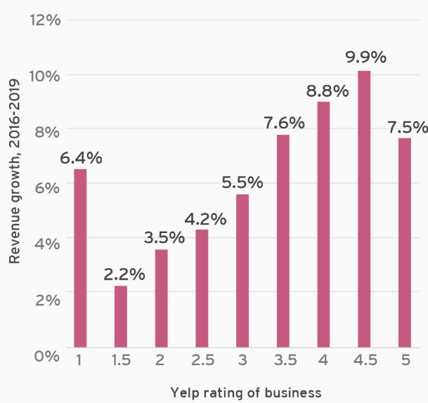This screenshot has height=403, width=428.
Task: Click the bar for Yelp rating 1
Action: [80, 258]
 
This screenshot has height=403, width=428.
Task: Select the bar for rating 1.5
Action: [121, 316]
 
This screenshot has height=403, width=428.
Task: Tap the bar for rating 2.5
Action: [202, 288]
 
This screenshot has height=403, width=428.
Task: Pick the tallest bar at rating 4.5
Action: [363, 209]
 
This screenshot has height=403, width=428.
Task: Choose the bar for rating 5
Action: [404, 242]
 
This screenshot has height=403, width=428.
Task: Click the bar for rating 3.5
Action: [283, 240]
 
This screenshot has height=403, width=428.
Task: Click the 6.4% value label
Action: [81, 157]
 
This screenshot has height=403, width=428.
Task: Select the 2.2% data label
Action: [124, 274]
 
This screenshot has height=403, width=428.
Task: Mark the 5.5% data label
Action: [242, 183]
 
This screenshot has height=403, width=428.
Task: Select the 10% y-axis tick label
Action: [45, 75]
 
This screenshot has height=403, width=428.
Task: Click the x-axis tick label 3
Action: [242, 360]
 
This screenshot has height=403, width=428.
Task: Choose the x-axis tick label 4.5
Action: [363, 360]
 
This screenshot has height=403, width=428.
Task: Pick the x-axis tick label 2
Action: [160, 360]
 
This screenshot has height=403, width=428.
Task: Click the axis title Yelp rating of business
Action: [245, 392]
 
